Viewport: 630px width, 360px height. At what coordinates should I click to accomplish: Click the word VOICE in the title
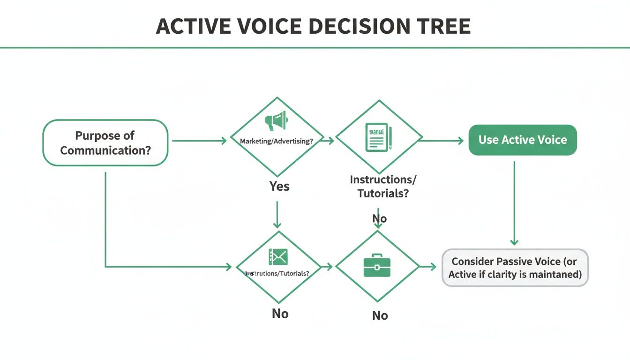[x=265, y=27]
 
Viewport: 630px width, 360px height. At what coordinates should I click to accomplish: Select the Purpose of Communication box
[x=105, y=142]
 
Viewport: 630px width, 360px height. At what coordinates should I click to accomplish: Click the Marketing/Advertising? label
[x=276, y=141]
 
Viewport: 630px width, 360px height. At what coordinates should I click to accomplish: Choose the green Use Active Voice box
[x=523, y=140]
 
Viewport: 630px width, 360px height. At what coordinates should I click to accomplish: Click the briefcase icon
[x=377, y=266]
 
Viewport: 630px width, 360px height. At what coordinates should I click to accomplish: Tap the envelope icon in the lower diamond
[x=278, y=256]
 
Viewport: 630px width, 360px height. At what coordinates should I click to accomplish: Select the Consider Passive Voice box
[x=515, y=268]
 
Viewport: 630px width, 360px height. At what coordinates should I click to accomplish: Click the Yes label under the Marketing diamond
[x=279, y=186]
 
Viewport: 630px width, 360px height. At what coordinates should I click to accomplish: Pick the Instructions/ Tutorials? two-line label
[x=382, y=186]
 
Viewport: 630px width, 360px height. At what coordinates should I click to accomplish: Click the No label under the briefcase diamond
[x=380, y=315]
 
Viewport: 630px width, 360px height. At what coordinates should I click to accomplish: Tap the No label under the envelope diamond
[x=280, y=313]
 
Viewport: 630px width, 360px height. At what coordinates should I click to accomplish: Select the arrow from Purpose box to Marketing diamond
[x=199, y=141]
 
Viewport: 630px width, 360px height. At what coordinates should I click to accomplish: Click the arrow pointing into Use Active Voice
[x=442, y=140]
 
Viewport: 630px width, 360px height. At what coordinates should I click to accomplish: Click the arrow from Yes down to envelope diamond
[x=277, y=215]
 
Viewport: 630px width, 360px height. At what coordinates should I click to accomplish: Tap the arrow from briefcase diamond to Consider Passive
[x=427, y=266]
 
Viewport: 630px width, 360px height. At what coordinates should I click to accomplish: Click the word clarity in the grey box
[x=508, y=274]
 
